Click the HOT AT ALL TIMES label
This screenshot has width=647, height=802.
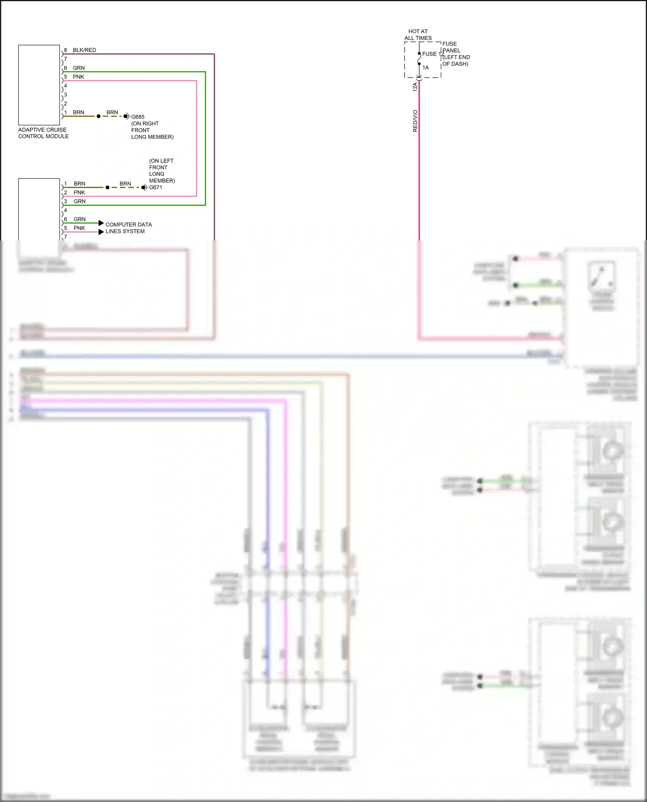[418, 34]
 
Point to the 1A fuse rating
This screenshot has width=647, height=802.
[425, 68]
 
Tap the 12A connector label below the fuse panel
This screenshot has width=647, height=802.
[415, 87]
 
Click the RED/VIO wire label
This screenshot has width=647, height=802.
[415, 121]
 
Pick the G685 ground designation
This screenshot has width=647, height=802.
[138, 117]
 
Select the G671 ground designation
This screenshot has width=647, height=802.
[156, 187]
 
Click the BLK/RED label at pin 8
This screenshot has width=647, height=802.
[84, 50]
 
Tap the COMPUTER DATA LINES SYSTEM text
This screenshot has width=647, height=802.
[129, 228]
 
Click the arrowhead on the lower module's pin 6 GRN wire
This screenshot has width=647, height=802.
[101, 223]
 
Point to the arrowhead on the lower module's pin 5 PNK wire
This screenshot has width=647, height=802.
[101, 232]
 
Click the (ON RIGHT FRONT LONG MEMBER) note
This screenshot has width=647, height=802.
[152, 130]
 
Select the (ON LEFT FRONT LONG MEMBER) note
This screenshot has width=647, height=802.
[162, 171]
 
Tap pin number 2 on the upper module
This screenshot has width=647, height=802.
[66, 104]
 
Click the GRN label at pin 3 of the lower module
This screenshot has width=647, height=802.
[79, 201]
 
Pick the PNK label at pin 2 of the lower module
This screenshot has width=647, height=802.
[79, 193]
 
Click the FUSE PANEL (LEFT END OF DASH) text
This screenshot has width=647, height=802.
[456, 54]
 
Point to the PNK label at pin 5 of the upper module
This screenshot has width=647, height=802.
[78, 77]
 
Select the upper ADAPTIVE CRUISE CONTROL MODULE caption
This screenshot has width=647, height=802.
[43, 133]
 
